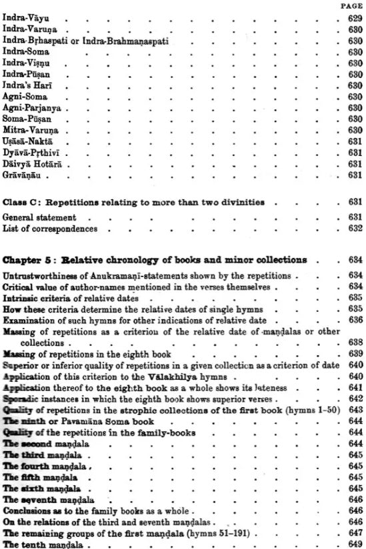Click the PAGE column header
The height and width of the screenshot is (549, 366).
point(351,4)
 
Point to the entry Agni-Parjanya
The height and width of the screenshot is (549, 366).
point(29,107)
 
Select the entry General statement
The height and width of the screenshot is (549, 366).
point(39,217)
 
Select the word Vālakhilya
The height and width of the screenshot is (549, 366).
point(194,374)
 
